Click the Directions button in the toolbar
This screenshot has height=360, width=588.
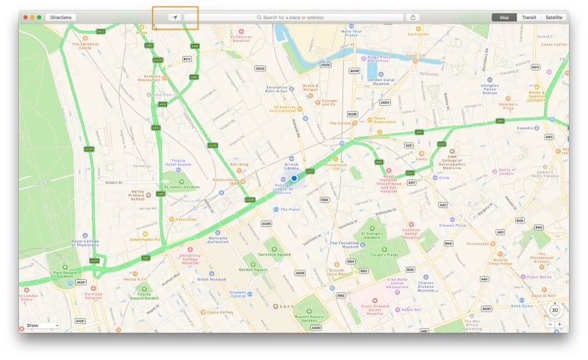pyautogui.click(x=61, y=17)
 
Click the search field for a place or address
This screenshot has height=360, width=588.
pyautogui.click(x=293, y=17)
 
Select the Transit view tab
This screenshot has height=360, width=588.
pyautogui.click(x=528, y=17)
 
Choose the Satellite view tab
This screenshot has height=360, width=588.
pyautogui.click(x=553, y=17)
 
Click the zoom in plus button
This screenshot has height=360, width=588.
pyautogui.click(x=559, y=324)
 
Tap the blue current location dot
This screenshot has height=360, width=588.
pyautogui.click(x=294, y=178)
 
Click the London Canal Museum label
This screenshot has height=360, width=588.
pyautogui.click(x=381, y=82)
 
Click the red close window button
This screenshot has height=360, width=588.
pyautogui.click(x=25, y=17)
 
